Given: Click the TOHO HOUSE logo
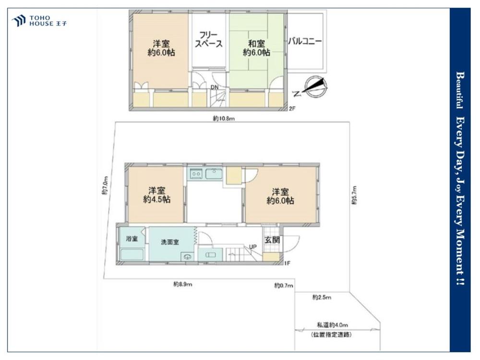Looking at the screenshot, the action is coord(39,21).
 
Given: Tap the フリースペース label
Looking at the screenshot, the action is coord(209,39).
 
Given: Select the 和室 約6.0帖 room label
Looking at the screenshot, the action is coord(256,48).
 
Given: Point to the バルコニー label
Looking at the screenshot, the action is coord(305,41).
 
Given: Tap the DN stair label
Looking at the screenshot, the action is coord(215,87).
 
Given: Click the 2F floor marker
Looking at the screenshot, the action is coord(293,108).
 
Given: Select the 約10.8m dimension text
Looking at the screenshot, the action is coord(224,119).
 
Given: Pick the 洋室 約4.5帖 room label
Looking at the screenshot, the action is coord(157,195).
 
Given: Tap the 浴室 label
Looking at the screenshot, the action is coord(132,239).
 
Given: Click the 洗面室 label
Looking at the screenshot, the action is coord(170,242).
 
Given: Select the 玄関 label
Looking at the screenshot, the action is coord(272,240).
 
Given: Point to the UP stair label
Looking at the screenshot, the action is coord(252,247).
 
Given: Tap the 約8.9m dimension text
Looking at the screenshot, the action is coord(183,284).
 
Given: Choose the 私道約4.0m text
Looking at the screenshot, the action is coord(332,325).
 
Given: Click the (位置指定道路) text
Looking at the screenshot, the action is coord(331,335).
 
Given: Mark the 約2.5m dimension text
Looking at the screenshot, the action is coord(322,297).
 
